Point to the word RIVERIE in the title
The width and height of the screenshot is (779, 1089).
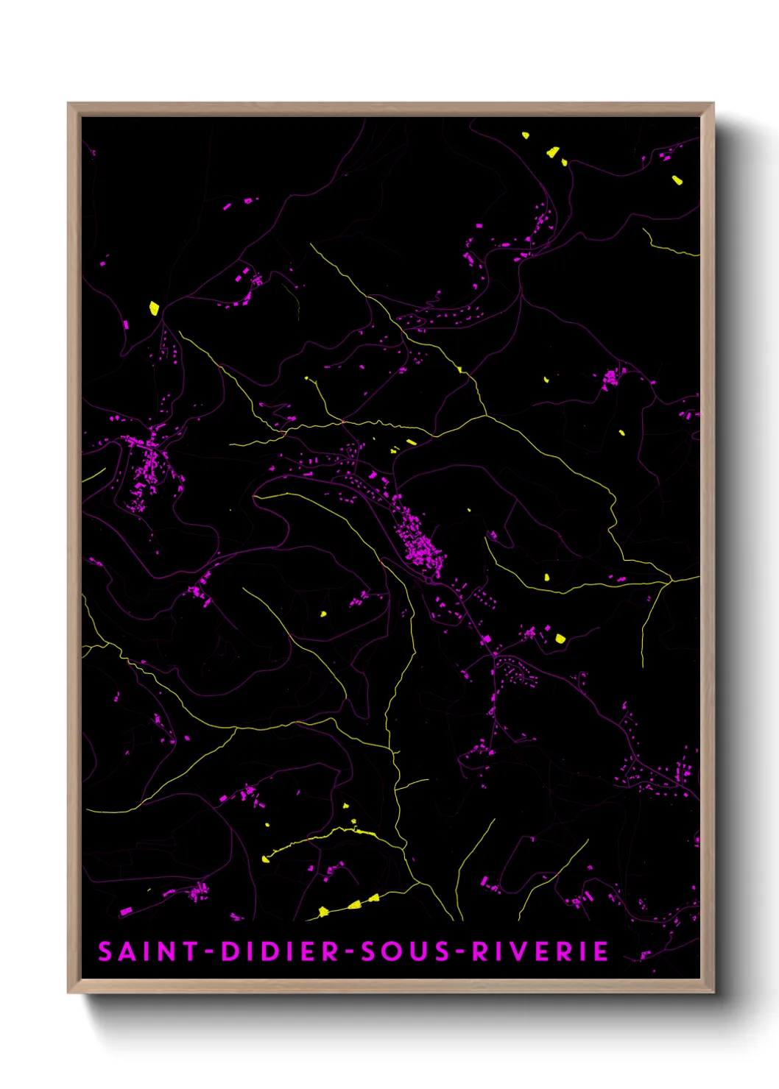(x=540, y=951)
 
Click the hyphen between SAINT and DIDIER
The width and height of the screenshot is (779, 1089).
(x=210, y=952)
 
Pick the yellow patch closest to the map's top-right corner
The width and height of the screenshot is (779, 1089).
(x=677, y=179)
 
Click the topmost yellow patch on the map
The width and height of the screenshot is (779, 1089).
(x=525, y=135)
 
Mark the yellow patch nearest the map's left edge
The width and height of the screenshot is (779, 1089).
(x=154, y=308)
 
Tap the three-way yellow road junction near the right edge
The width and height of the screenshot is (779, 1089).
(x=671, y=581)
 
